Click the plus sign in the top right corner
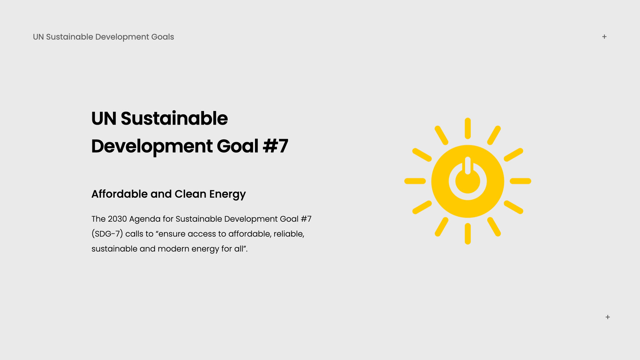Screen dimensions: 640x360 pyautogui.click(x=604, y=37)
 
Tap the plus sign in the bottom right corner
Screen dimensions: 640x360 pyautogui.click(x=608, y=317)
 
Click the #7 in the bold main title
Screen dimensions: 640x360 pyautogui.click(x=275, y=146)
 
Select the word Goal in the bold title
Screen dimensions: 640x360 pyautogui.click(x=237, y=146)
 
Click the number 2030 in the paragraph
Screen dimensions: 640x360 pyautogui.click(x=117, y=219)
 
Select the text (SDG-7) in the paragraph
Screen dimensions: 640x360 pyautogui.click(x=107, y=234)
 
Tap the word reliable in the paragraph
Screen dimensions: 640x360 pyautogui.click(x=289, y=234)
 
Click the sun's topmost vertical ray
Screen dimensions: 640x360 pyautogui.click(x=468, y=128)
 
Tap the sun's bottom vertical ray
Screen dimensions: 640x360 pyautogui.click(x=468, y=234)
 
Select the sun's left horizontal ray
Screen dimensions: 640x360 pyautogui.click(x=415, y=181)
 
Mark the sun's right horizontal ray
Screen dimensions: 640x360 pyautogui.click(x=520, y=181)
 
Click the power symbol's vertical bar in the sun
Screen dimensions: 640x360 pyautogui.click(x=468, y=166)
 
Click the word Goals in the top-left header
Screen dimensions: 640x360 pyautogui.click(x=163, y=37)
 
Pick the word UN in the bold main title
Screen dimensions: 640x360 pyautogui.click(x=104, y=118)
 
